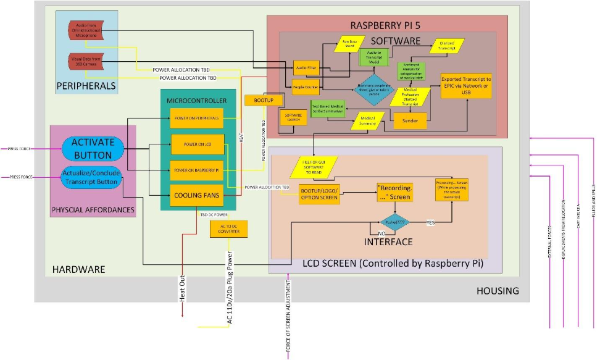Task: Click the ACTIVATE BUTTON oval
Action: click(x=93, y=149)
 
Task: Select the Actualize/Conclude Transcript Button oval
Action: click(x=91, y=177)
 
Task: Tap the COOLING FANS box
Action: click(x=197, y=195)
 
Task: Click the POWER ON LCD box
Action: click(x=197, y=144)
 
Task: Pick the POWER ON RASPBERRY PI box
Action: click(x=197, y=169)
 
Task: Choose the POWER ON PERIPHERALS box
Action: click(x=197, y=117)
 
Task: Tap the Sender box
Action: click(x=410, y=121)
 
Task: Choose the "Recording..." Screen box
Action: click(x=394, y=192)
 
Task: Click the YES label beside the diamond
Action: click(x=430, y=222)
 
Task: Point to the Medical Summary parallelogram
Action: click(x=368, y=120)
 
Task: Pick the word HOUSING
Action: click(x=498, y=291)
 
